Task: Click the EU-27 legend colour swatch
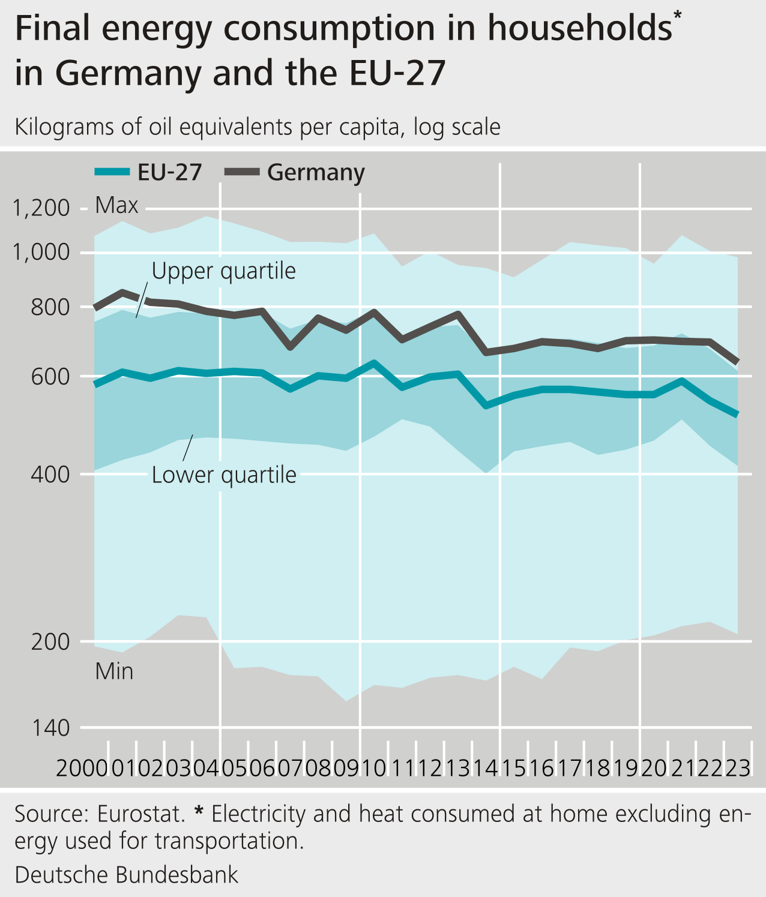coord(112,172)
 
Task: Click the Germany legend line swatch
coord(241,172)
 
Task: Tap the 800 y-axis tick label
coord(50,307)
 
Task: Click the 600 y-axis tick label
coord(50,377)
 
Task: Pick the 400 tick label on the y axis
coord(50,474)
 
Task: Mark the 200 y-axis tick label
coord(50,642)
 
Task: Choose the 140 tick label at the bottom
coord(50,728)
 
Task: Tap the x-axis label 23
coord(738,768)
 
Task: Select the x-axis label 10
coord(374,768)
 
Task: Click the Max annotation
coord(116,206)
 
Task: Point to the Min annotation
coord(114,671)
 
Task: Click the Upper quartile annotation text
coord(223,271)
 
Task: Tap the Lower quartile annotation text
coord(224,475)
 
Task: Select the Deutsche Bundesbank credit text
coord(127,875)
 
